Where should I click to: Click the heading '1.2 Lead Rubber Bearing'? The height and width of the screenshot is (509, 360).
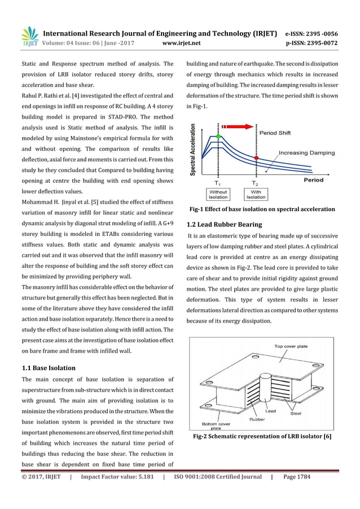[225, 224]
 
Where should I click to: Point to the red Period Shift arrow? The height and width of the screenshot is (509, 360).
[239, 127]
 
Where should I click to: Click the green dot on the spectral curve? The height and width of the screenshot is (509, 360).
[218, 137]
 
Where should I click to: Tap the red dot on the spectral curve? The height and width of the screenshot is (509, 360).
[256, 158]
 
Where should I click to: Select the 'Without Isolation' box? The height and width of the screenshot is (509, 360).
[218, 194]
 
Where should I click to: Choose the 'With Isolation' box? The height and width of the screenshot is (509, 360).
[256, 194]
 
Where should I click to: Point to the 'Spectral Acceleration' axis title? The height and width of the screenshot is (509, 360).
[195, 150]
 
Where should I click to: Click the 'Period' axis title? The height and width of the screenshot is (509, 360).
[314, 180]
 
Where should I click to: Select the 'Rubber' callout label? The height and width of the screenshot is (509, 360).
[257, 419]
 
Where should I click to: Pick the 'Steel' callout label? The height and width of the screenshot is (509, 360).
[296, 413]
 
